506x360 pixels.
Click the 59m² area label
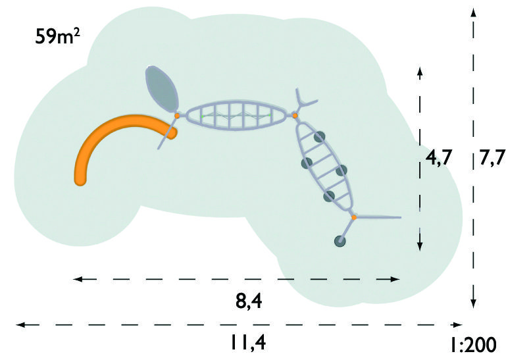pyautogui.click(x=57, y=36)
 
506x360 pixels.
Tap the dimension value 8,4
pyautogui.click(x=249, y=302)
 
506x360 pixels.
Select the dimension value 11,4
pyautogui.click(x=248, y=342)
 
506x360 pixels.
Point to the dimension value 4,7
pyautogui.click(x=438, y=158)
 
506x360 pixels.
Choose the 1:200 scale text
pyautogui.click(x=473, y=345)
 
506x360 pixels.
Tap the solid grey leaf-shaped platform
pyautogui.click(x=162, y=89)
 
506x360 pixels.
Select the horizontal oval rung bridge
pyautogui.click(x=236, y=115)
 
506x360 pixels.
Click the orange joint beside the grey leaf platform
pyautogui.click(x=177, y=115)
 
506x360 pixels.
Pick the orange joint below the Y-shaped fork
pyautogui.click(x=295, y=115)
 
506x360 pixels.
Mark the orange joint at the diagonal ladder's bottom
pyautogui.click(x=354, y=218)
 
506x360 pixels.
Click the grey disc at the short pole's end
pyautogui.click(x=340, y=241)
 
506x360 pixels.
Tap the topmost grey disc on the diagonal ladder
pyautogui.click(x=319, y=137)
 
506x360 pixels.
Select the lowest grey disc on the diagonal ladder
pyautogui.click(x=329, y=196)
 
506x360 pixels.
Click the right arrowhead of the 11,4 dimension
pyautogui.click(x=458, y=324)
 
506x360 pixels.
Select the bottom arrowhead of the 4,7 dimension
pyautogui.click(x=420, y=246)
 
